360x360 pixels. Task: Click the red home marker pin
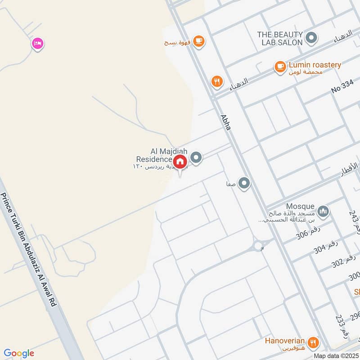pyautogui.click(x=180, y=162)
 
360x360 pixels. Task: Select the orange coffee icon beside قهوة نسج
pyautogui.click(x=198, y=41)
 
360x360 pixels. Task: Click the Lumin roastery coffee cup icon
pyautogui.click(x=280, y=67)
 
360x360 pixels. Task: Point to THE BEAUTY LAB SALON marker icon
pyautogui.click(x=311, y=38)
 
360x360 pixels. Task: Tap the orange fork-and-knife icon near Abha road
pyautogui.click(x=217, y=81)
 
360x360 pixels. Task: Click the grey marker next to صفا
pyautogui.click(x=244, y=183)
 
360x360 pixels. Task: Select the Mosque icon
pyautogui.click(x=323, y=211)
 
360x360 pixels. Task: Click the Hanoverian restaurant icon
pyautogui.click(x=314, y=342)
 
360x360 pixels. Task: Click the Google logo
pyautogui.click(x=19, y=353)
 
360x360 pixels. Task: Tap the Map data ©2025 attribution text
pyautogui.click(x=336, y=355)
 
